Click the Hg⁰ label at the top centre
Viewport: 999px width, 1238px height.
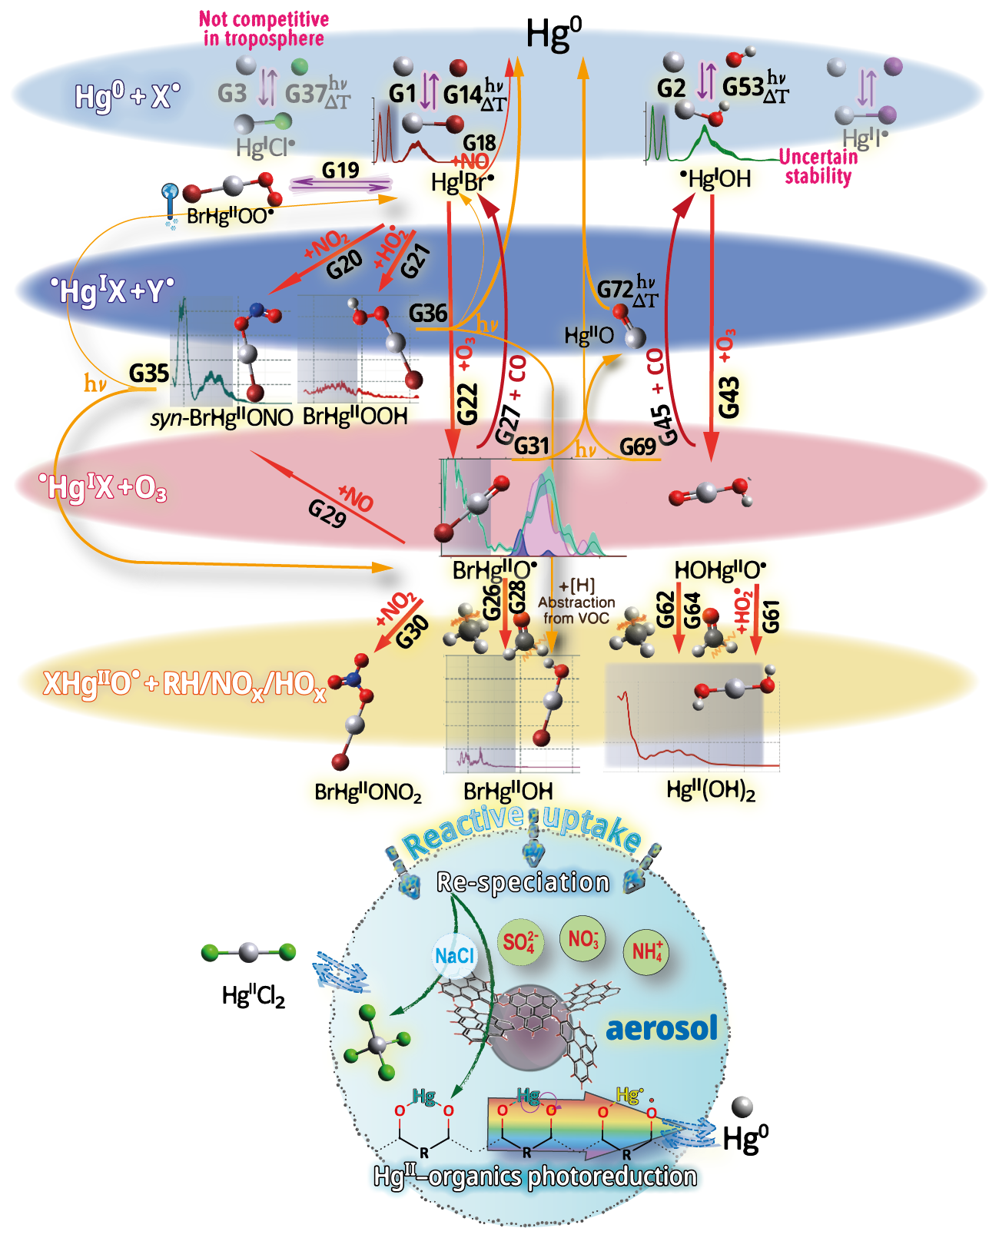(553, 35)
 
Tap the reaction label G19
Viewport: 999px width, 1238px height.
(340, 170)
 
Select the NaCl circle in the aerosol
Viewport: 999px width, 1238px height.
(455, 956)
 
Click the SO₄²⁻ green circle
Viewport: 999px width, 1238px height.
(519, 942)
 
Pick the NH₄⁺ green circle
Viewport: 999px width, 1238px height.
(646, 952)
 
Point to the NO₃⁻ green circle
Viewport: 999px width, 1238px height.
(583, 938)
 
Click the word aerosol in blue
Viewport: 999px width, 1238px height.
(662, 1028)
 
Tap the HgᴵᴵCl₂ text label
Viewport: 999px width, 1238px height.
(254, 996)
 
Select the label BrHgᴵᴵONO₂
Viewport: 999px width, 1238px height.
(368, 792)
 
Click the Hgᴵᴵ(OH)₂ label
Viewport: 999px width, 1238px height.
(711, 790)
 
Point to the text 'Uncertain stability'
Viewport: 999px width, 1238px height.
(818, 167)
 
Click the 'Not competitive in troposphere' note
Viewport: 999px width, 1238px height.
(264, 29)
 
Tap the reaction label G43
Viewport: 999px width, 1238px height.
(729, 397)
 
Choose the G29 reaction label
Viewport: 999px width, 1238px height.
(327, 514)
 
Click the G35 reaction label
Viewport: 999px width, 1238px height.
(148, 373)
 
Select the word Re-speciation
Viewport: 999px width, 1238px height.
(523, 882)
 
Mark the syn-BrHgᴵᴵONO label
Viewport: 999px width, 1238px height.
(222, 417)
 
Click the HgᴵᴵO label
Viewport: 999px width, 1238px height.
(589, 335)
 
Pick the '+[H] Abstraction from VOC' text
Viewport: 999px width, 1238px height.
(576, 602)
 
